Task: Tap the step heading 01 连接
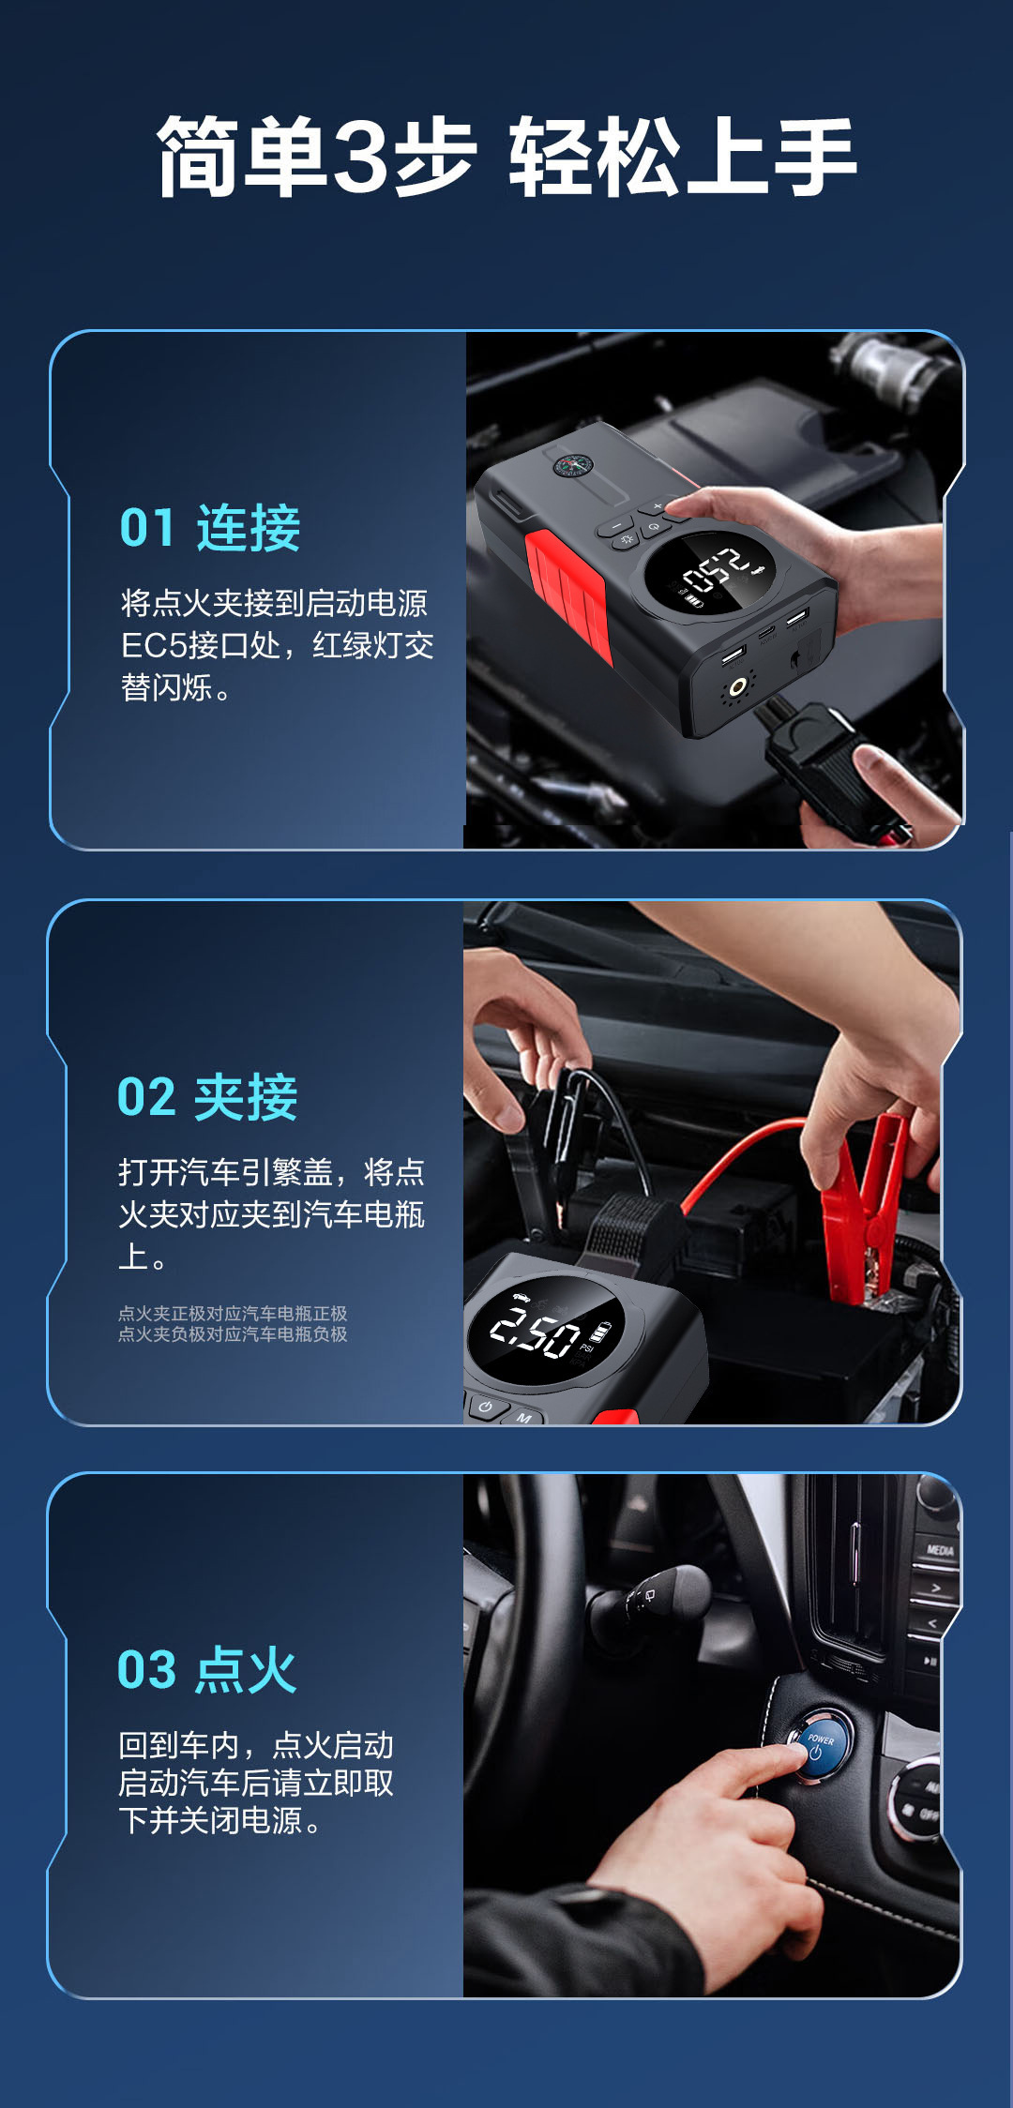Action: click(210, 527)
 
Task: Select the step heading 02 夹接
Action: click(207, 1097)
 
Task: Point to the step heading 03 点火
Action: click(206, 1670)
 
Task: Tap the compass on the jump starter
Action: click(569, 466)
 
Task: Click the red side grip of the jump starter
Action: click(567, 596)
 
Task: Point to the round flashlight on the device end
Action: click(738, 688)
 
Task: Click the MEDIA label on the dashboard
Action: click(940, 1550)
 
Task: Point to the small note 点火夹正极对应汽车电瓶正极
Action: click(233, 1314)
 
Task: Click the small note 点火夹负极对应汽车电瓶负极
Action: click(233, 1334)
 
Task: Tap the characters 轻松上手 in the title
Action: click(682, 158)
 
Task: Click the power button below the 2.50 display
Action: click(485, 1407)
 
